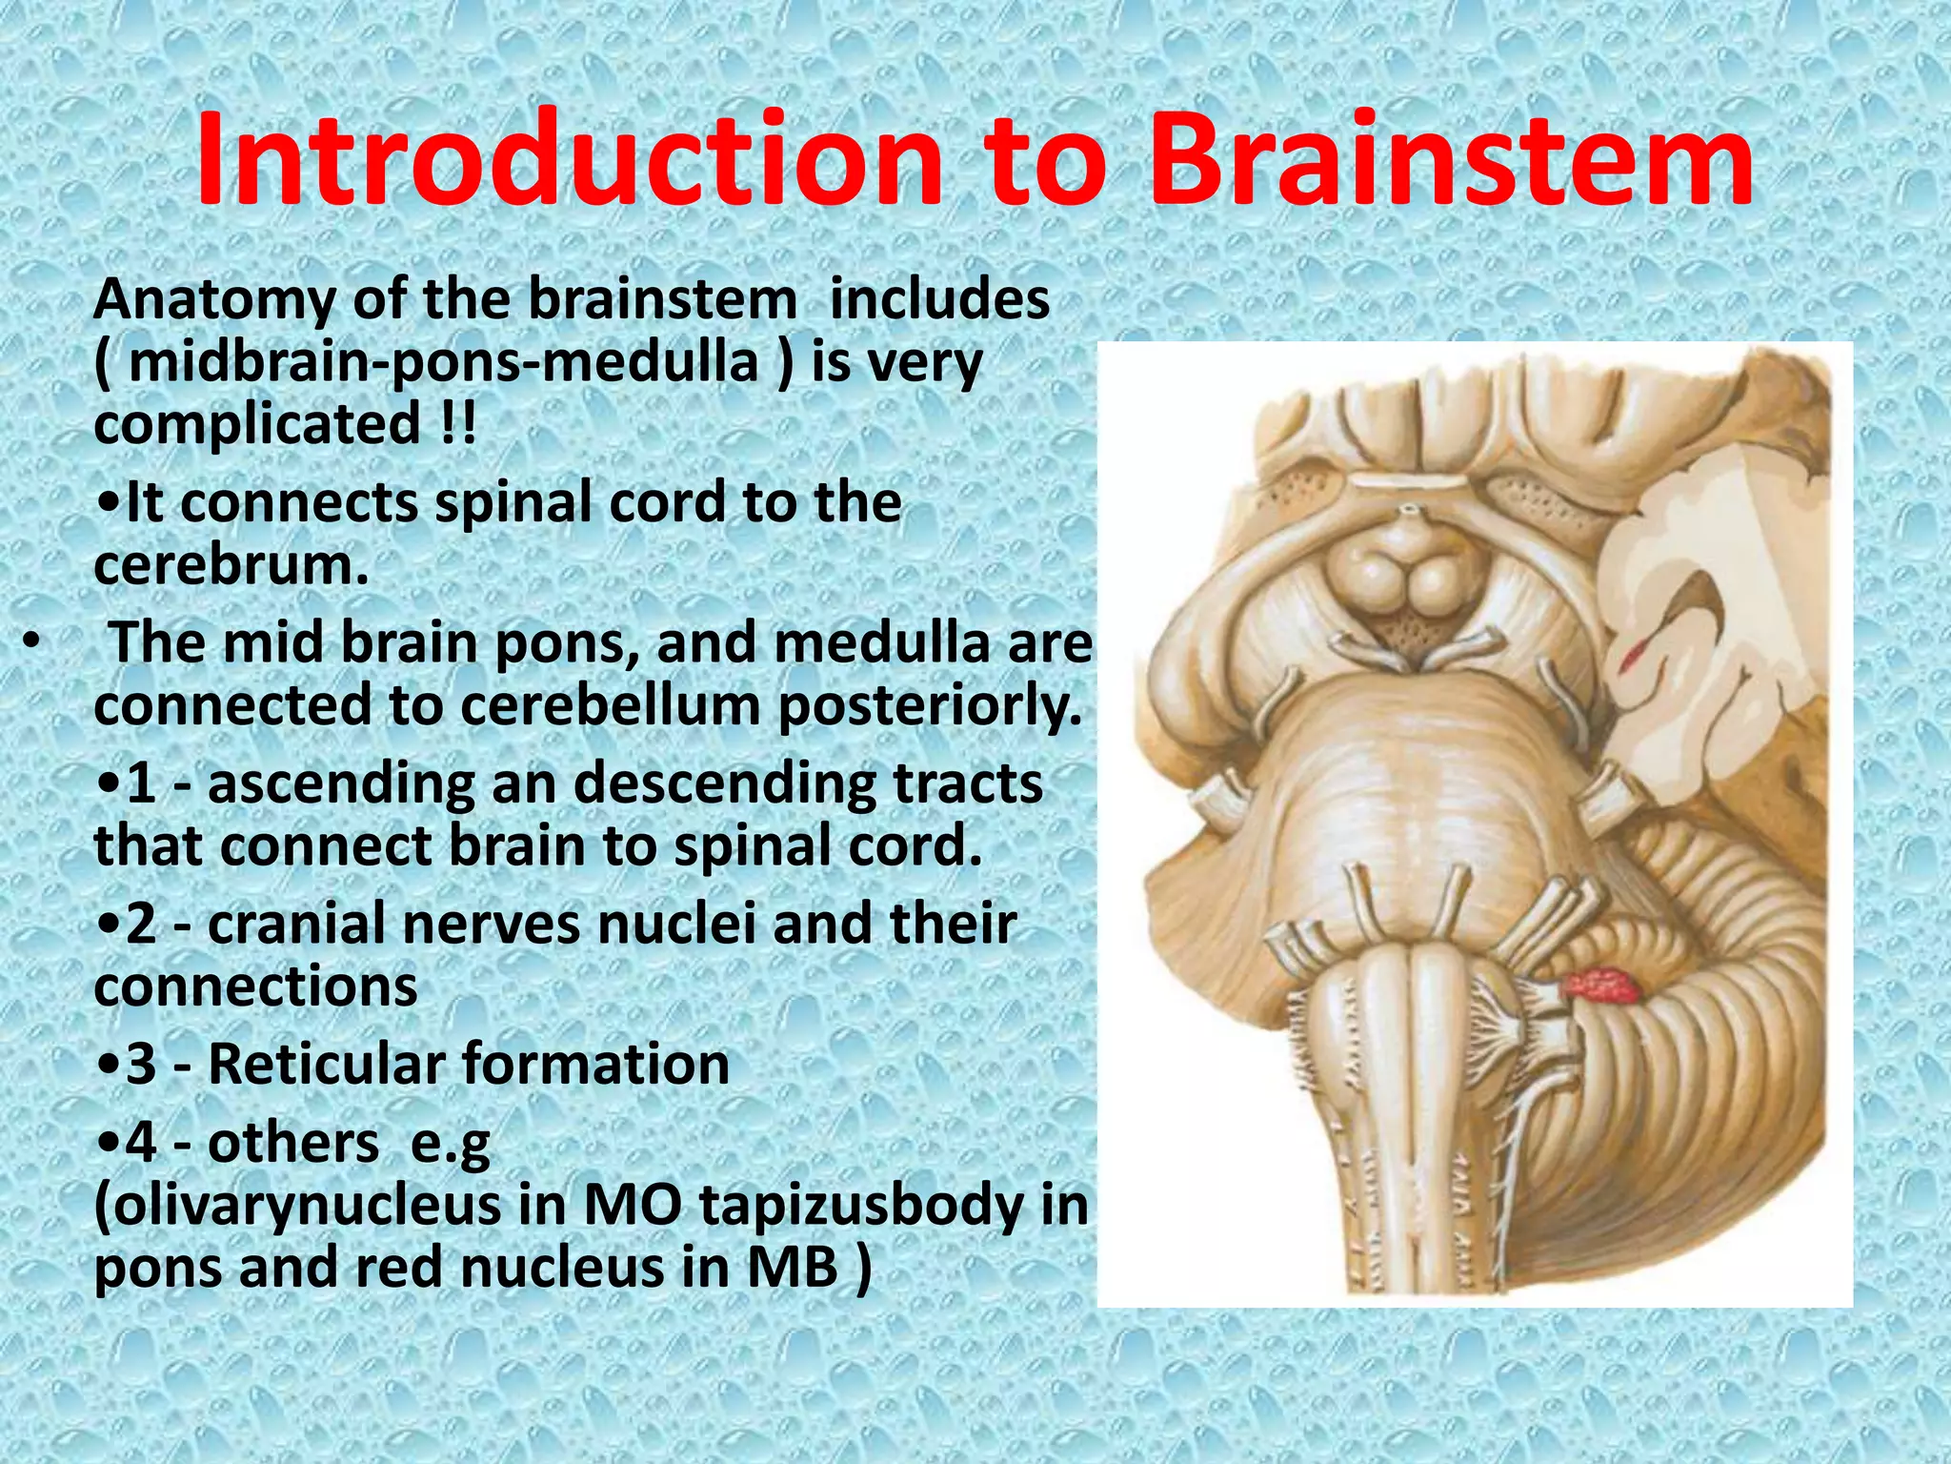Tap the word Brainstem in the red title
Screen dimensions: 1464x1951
(x=1452, y=162)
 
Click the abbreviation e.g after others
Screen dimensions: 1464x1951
(x=450, y=1143)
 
